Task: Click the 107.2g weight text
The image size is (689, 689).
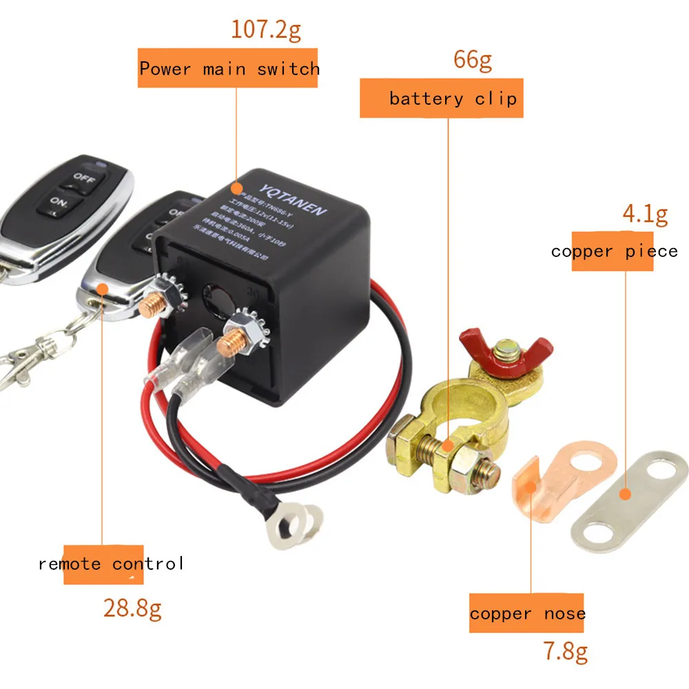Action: coord(265,30)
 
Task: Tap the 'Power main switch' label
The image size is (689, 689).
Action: coord(229,69)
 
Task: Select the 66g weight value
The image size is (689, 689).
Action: coord(472,61)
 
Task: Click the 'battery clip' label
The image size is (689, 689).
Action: coord(452,99)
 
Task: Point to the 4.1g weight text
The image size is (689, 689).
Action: coord(645,214)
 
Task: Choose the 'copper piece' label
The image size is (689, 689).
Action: coord(614,251)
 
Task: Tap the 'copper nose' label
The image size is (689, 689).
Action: coord(527,613)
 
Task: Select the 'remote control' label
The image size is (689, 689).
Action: coord(111,564)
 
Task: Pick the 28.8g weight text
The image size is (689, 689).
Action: coord(132,609)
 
